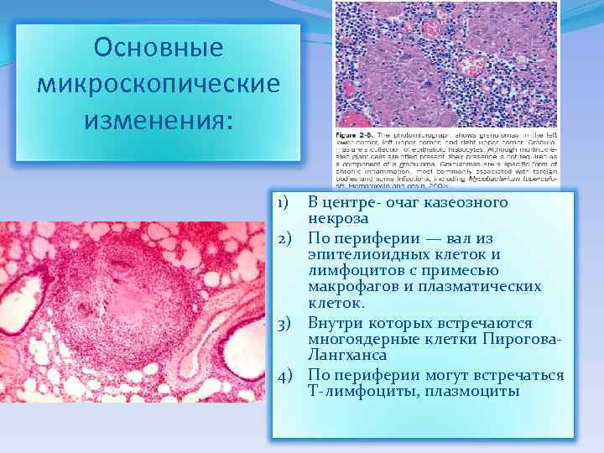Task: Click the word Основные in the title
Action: pyautogui.click(x=159, y=48)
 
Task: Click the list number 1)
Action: pyautogui.click(x=284, y=203)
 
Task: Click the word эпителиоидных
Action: pyautogui.click(x=367, y=254)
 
